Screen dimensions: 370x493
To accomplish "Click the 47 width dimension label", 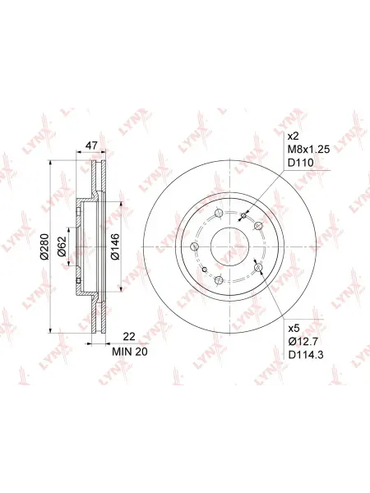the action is tap(91, 145).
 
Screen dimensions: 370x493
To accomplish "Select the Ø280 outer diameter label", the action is tap(44, 246).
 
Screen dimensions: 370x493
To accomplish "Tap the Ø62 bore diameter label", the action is tap(62, 246).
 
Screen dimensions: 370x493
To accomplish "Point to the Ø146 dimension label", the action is tap(115, 246).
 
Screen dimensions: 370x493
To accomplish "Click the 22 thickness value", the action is tap(129, 337).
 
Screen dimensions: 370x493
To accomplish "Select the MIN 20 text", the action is tap(130, 352).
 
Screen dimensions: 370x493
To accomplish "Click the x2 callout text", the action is tap(294, 136).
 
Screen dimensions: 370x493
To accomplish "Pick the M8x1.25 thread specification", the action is tap(309, 150).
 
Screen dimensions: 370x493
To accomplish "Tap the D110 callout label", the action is tap(301, 163).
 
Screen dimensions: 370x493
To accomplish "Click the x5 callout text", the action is tap(294, 329).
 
